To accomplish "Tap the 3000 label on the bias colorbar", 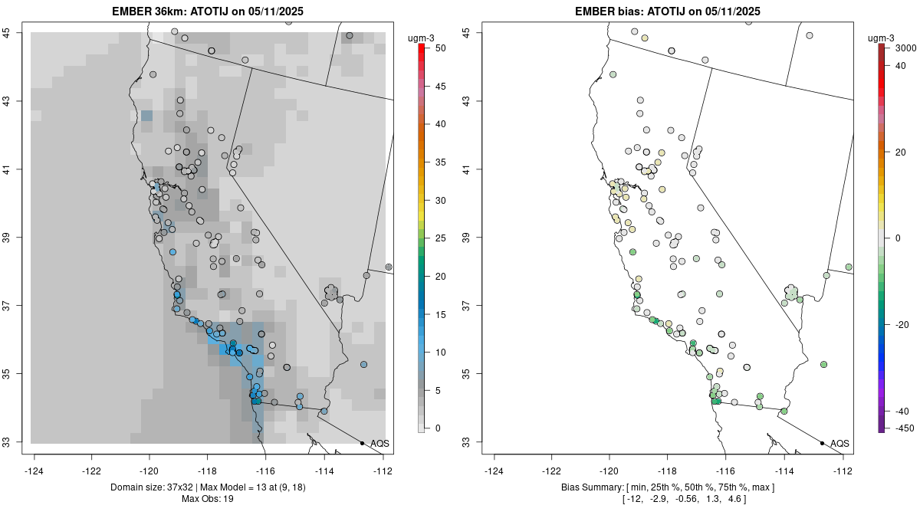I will click(x=905, y=48).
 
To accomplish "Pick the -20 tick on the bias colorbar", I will click(x=902, y=324).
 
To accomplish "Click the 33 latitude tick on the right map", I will click(x=467, y=442).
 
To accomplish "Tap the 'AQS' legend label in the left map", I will click(x=379, y=444).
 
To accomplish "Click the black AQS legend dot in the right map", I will click(x=822, y=443).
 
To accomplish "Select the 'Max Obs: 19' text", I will click(x=208, y=499).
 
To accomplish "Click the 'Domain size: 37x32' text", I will click(x=159, y=487).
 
